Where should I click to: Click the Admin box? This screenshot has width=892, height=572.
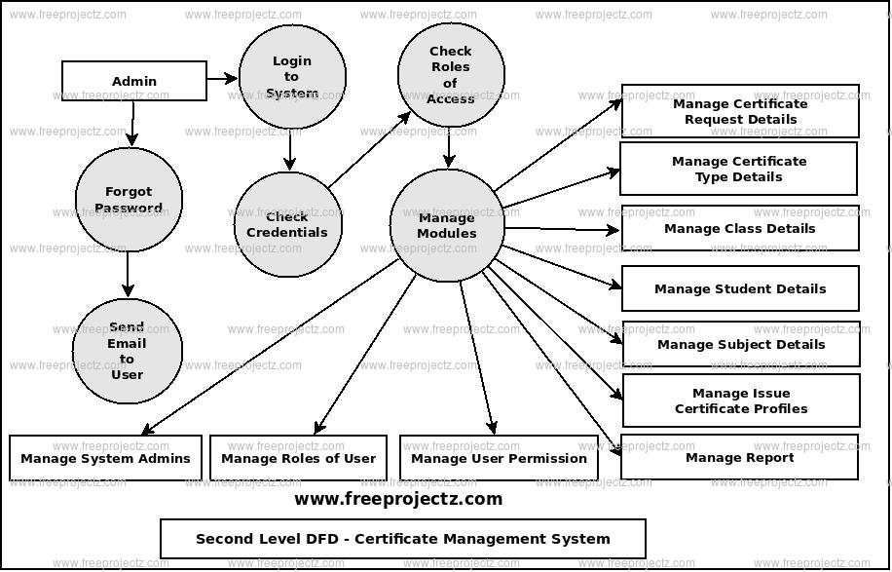[134, 81]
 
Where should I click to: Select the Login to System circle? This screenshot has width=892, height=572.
[292, 77]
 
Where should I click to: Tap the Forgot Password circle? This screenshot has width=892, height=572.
[129, 200]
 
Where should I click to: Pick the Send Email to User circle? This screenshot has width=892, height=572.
[127, 351]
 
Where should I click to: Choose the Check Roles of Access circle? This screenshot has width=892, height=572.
[451, 75]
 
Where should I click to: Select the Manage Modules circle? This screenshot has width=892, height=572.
[447, 225]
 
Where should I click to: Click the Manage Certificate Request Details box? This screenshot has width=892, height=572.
[740, 111]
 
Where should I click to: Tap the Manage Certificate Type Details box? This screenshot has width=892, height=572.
[739, 169]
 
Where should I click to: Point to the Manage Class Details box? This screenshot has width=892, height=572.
[740, 228]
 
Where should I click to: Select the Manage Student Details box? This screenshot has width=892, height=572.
[740, 288]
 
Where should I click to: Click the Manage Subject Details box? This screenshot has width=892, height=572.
[741, 344]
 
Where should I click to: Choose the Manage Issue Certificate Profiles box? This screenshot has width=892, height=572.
[741, 400]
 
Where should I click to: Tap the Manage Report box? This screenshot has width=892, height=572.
[740, 457]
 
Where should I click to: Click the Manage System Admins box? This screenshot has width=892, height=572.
[106, 458]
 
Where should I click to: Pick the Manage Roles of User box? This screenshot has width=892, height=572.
[298, 458]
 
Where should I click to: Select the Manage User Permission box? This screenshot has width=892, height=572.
[499, 458]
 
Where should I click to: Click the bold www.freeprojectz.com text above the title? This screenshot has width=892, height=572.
[398, 499]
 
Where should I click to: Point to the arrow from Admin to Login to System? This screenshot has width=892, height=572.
[222, 78]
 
